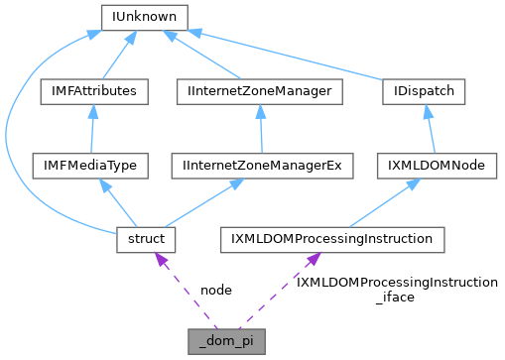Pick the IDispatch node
(x=424, y=91)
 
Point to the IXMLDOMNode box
(x=437, y=165)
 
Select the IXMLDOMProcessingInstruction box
(x=331, y=239)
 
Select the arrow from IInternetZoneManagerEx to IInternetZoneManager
(x=260, y=128)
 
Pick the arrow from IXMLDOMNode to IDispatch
(x=430, y=128)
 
